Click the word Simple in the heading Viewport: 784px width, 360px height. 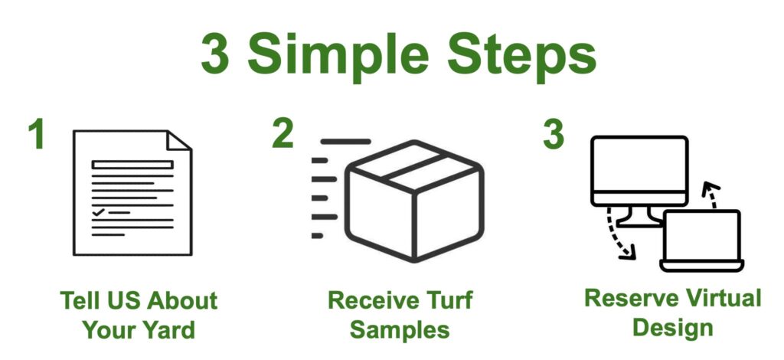[338, 56]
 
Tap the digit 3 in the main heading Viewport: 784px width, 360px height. [215, 54]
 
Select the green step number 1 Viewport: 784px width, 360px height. [37, 134]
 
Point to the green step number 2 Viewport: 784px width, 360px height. [283, 134]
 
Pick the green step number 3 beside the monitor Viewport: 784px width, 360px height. [554, 134]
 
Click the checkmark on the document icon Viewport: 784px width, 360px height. [99, 212]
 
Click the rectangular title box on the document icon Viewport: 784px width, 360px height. [132, 165]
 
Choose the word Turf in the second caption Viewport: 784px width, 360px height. [447, 300]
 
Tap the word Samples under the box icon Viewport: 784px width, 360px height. [400, 330]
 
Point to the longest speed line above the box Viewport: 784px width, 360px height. [346, 142]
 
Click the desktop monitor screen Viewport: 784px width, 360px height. [639, 165]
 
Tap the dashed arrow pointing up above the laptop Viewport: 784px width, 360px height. [710, 195]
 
